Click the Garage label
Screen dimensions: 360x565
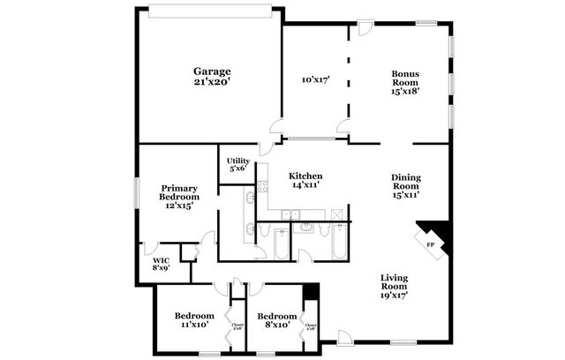pos(212,76)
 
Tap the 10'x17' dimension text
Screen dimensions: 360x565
pos(315,79)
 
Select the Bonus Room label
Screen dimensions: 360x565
pos(404,80)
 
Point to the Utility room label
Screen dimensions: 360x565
pos(238,164)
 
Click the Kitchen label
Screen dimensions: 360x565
pos(305,180)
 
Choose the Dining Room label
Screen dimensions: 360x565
pos(406,185)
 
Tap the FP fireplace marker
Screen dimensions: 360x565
pos(431,244)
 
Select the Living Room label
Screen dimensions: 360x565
pos(394,288)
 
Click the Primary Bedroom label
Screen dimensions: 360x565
pos(179,196)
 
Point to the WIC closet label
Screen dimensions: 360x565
pos(161,265)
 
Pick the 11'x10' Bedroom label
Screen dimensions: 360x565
pos(193,320)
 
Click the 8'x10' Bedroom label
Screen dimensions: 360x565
pos(275,320)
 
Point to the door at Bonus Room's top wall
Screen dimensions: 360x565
pos(365,27)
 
